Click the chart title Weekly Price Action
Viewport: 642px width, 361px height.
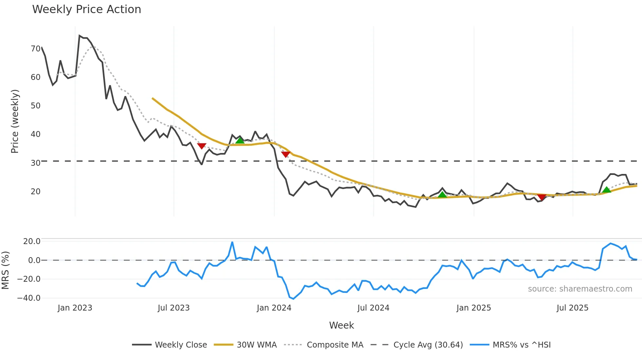[x=86, y=9]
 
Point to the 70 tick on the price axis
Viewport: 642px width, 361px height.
[x=35, y=49]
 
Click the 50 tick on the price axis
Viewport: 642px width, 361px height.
[x=35, y=106]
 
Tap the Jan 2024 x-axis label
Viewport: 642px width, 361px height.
[x=274, y=308]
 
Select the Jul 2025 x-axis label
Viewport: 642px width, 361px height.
[x=572, y=308]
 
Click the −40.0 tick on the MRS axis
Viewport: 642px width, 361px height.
[x=29, y=298]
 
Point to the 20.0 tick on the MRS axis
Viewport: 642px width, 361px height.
[x=32, y=241]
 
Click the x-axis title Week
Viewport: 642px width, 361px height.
[x=341, y=325]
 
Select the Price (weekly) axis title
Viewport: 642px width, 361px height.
[x=15, y=121]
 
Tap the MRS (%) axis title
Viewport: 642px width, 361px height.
[x=5, y=270]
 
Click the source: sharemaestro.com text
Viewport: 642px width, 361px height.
[x=580, y=289]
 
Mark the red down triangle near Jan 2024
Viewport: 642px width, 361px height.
[x=286, y=154]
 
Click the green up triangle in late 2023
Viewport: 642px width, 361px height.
[x=240, y=141]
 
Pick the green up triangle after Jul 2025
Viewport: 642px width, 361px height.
[x=606, y=190]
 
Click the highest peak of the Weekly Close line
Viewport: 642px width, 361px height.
[x=79, y=36]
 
